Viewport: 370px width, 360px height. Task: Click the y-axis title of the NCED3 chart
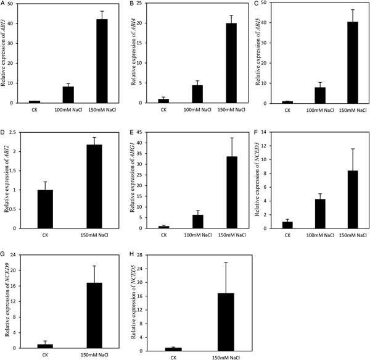[x=253, y=180]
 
